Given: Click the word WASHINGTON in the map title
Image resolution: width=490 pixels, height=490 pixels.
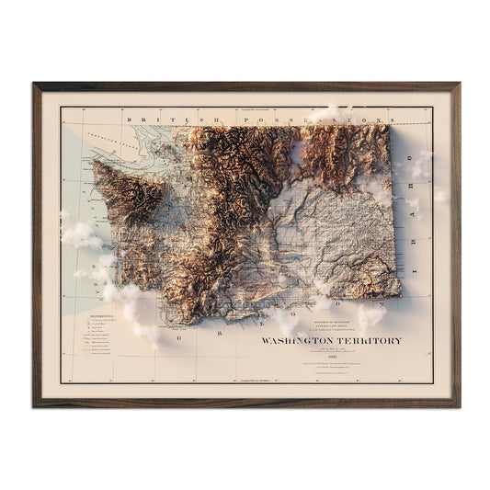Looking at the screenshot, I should (292, 341).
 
